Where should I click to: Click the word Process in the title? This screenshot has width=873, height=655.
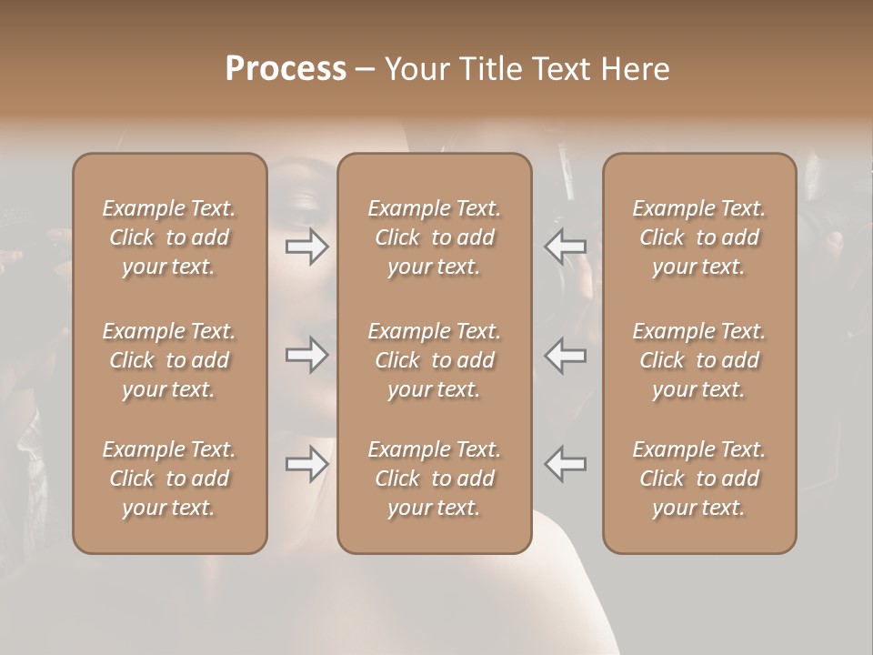[x=286, y=69]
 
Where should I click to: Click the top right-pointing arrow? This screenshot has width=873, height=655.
[x=307, y=247]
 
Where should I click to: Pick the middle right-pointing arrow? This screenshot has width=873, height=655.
[x=307, y=355]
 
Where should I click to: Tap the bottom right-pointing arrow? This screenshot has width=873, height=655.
[x=307, y=464]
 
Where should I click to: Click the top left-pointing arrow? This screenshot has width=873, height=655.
[x=566, y=247]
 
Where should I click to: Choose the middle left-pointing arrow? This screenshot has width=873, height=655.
[x=566, y=355]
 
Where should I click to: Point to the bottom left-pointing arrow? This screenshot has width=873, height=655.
[x=566, y=464]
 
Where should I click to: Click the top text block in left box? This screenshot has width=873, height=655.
[x=169, y=237]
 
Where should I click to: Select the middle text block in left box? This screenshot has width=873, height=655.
[x=169, y=360]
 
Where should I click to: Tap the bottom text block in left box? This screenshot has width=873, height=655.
[x=169, y=479]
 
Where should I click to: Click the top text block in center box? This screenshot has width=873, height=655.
[x=435, y=237]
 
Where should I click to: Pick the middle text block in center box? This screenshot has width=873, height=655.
[x=435, y=360]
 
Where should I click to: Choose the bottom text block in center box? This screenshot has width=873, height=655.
[x=435, y=479]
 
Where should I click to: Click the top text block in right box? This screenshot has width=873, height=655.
[x=699, y=237]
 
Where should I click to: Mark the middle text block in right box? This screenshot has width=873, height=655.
[x=699, y=360]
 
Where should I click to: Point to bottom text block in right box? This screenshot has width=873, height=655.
[x=699, y=479]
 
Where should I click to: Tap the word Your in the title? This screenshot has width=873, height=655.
[x=415, y=69]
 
